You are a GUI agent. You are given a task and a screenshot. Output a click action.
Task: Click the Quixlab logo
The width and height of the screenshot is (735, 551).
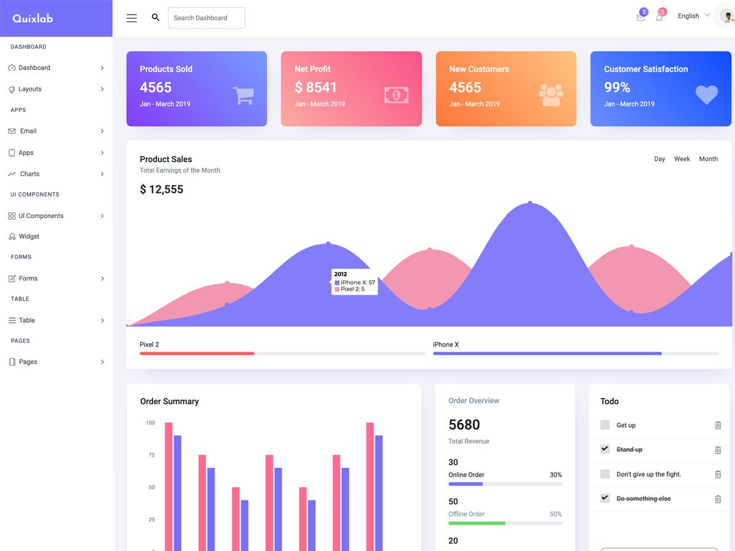tap(33, 18)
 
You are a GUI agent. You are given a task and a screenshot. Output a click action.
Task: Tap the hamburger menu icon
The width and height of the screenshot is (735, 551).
tap(132, 18)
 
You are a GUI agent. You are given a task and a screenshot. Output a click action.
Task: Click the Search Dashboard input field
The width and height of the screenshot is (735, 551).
tap(206, 18)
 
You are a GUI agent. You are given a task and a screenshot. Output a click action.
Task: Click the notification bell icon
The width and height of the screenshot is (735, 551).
tap(659, 17)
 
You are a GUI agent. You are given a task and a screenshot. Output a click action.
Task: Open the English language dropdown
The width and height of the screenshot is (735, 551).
tap(693, 16)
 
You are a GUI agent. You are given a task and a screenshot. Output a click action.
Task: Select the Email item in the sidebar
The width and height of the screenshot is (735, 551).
tap(28, 131)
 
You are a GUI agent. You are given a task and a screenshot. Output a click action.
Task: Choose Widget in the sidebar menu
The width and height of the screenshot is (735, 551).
tap(29, 236)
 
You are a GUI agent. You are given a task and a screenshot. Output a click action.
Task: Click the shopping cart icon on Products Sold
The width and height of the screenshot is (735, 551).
tap(243, 95)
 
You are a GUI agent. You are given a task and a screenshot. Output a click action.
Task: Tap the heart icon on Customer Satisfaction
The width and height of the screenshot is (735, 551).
tap(706, 94)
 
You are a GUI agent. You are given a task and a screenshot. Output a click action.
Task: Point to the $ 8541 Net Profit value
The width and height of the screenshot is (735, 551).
tap(315, 88)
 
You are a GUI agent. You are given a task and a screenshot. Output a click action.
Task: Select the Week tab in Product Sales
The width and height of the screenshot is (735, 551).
tap(682, 159)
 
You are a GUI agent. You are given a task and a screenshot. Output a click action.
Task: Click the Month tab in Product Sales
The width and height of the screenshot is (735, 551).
tap(708, 159)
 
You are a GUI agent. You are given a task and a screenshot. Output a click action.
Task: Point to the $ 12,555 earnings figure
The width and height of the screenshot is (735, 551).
tap(162, 190)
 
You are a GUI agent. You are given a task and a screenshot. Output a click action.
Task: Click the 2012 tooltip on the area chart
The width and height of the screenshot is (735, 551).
tap(355, 282)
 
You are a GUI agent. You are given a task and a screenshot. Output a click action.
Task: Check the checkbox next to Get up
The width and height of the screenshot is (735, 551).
tap(605, 425)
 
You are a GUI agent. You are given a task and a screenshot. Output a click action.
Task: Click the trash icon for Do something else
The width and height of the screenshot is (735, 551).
tap(718, 499)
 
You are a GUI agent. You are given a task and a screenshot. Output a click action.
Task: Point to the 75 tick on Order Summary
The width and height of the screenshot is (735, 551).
tap(151, 455)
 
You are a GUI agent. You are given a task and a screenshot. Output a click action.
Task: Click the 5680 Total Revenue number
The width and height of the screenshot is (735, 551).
tap(464, 425)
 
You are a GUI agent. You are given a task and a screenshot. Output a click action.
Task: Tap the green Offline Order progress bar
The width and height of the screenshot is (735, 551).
tap(477, 523)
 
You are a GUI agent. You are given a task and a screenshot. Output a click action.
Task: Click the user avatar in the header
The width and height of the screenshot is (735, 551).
tap(727, 17)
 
